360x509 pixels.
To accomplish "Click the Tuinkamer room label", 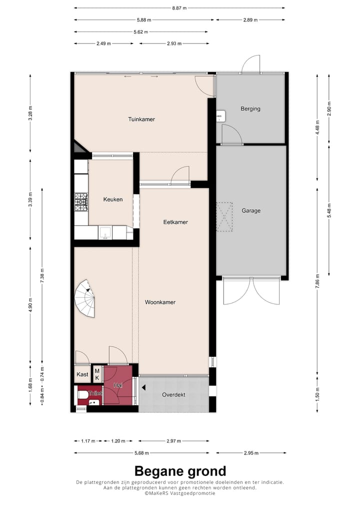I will pos(141,119).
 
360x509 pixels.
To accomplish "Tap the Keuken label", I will pos(113,199).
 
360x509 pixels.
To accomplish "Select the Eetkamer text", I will pos(175,222).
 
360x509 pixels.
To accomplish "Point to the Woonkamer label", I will pos(160,302).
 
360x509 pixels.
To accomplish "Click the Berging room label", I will pos(250,109).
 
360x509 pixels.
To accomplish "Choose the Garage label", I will pos(251,211).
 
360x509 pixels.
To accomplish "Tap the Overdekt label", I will pos(173,395).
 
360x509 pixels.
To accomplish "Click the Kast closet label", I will pos(82,374).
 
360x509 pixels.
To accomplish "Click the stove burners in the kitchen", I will pos(81,202).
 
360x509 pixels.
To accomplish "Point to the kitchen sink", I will pos(105,232).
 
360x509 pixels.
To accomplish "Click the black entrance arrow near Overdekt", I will pos(143,387).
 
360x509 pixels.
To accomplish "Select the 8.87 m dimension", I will pos(179,8).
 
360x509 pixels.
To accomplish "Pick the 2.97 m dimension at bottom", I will pos(173,441).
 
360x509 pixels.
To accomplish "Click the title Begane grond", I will pos(180,471).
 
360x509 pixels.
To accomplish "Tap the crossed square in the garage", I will pos(225,216).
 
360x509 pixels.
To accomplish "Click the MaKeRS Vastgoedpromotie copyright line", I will pos(180,493).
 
